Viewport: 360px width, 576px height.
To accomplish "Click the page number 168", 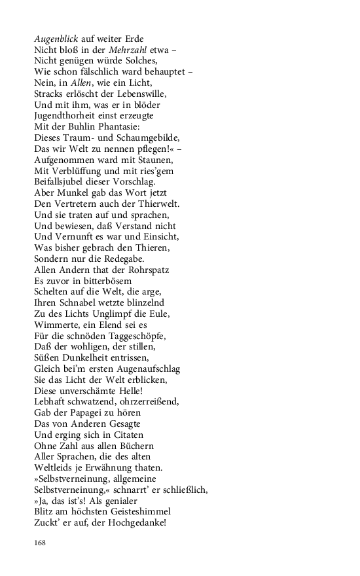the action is pyautogui.click(x=41, y=543).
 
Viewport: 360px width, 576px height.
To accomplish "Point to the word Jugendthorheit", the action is pyautogui.click(x=64, y=116).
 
